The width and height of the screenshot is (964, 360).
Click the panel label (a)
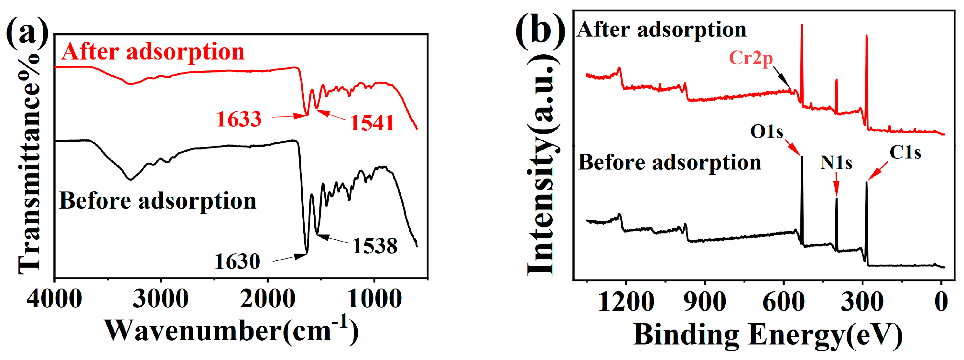(27, 34)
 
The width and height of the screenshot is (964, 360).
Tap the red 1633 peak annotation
(239, 119)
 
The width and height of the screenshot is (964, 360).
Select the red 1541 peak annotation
(372, 123)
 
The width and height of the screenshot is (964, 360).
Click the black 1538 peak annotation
(374, 246)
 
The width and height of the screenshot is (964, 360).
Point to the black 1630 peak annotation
(237, 261)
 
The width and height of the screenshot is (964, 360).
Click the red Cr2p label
(751, 58)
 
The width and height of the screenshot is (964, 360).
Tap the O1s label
(766, 132)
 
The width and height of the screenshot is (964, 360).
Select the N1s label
(836, 163)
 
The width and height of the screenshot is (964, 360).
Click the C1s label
(905, 152)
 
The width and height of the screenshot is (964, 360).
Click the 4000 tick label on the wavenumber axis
(55, 300)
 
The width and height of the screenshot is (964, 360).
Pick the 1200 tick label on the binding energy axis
(626, 302)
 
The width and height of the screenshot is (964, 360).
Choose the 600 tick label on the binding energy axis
(783, 302)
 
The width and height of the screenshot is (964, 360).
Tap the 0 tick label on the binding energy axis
(941, 302)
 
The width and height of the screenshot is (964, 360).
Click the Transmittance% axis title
(29, 165)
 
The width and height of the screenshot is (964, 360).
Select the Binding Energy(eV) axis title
(767, 335)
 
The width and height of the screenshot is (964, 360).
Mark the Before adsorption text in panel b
(670, 163)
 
